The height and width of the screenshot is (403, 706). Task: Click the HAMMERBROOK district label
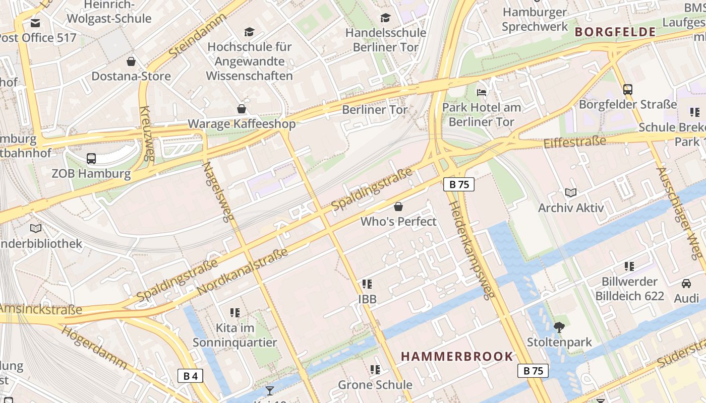457,357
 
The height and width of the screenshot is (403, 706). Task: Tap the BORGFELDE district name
615,32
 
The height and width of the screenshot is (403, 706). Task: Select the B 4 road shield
190,376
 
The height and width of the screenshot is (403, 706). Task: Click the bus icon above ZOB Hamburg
91,159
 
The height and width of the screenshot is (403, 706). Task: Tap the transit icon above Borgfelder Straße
628,90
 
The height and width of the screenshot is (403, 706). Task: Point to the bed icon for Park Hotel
482,93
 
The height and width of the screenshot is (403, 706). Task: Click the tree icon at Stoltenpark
559,327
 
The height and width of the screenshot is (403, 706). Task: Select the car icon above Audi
686,283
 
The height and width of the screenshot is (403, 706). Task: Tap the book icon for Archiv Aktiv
571,192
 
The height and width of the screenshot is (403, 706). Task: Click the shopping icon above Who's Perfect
398,207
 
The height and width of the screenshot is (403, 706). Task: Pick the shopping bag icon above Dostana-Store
131,61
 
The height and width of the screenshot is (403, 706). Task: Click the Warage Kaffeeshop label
242,124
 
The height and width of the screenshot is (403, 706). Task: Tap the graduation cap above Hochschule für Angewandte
249,32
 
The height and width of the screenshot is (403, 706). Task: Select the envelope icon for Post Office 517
35,23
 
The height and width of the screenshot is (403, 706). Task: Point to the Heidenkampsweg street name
472,250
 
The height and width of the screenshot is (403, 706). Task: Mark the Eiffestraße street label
574,142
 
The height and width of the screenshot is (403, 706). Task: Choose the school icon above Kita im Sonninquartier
234,313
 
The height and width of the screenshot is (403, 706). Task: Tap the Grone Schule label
375,385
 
